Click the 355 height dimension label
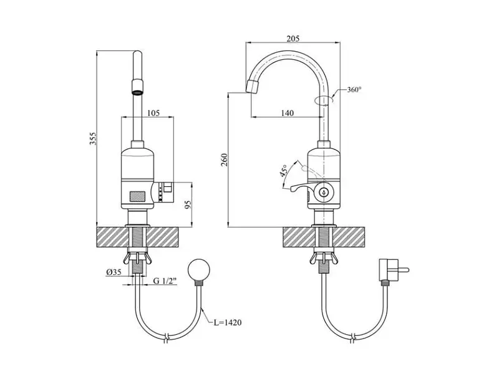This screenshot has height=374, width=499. click(x=92, y=138)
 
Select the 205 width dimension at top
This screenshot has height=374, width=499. click(x=293, y=39)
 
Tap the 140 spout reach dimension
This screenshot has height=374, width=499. click(x=288, y=113)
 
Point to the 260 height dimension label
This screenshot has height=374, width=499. click(x=225, y=160)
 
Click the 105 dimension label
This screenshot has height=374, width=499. click(x=153, y=113)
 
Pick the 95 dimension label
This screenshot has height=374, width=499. click(x=189, y=204)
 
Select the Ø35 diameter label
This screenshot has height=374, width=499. click(x=114, y=272)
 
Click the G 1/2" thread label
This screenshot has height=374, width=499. click(x=165, y=280)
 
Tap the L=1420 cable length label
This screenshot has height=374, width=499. click(x=228, y=322)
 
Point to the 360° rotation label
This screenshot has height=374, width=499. click(x=354, y=90)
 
